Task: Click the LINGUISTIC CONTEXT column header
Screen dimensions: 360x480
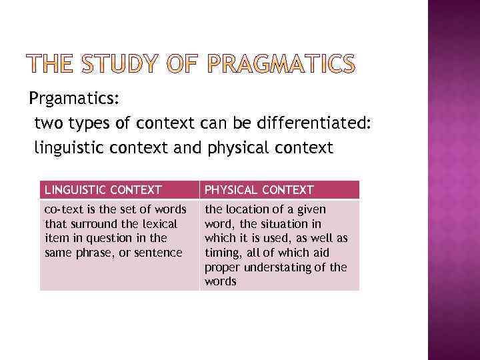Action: (x=103, y=190)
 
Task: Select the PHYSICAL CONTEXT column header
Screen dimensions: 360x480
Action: (x=259, y=190)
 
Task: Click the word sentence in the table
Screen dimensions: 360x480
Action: (x=158, y=252)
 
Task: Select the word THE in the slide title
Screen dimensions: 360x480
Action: (x=51, y=64)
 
